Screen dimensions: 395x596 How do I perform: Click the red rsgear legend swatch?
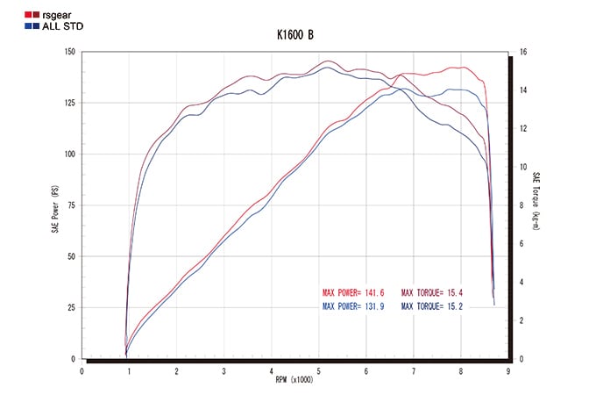click(x=12, y=15)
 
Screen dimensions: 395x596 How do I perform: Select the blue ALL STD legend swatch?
click(x=12, y=25)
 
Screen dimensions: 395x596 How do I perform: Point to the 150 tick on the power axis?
click(x=68, y=52)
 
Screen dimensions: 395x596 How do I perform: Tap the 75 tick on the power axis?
click(x=71, y=205)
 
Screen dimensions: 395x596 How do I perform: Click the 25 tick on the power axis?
click(x=71, y=308)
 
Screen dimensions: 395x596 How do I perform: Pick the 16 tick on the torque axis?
click(x=522, y=52)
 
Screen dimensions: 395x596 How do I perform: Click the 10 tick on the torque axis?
click(x=522, y=167)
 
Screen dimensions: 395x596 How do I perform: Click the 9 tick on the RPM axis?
click(x=509, y=370)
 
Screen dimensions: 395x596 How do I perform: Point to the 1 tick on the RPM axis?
click(x=129, y=370)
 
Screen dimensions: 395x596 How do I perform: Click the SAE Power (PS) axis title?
click(x=54, y=205)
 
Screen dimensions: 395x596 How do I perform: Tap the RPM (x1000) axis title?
click(x=294, y=380)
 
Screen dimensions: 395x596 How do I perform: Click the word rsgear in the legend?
click(x=38, y=15)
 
